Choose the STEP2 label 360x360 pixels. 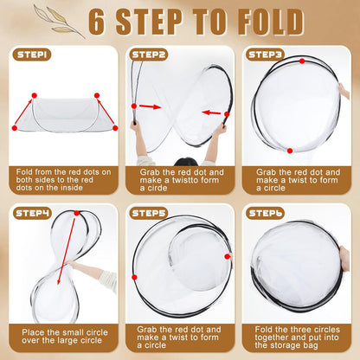coord(150,55)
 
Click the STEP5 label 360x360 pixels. coord(150,212)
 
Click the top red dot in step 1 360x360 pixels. coord(35,93)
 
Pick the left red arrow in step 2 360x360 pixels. coord(151,107)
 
